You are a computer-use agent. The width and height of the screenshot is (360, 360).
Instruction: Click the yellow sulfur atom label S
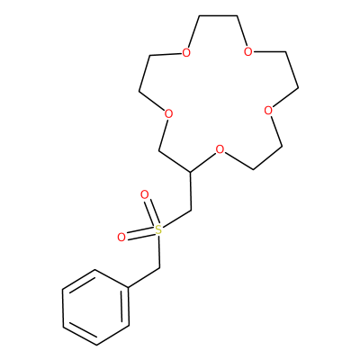(158, 230)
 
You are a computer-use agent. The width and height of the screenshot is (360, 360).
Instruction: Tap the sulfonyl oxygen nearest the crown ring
(145, 195)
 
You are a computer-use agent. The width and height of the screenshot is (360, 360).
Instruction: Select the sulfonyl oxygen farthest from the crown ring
(121, 238)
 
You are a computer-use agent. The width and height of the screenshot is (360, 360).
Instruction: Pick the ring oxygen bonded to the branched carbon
(220, 149)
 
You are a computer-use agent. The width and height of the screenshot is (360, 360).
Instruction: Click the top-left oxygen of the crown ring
(186, 53)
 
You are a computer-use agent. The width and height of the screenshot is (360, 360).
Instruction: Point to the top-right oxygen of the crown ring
(247, 51)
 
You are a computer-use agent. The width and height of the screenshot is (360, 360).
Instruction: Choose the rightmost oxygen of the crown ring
(268, 111)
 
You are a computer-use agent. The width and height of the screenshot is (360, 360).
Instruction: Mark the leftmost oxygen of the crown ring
(168, 114)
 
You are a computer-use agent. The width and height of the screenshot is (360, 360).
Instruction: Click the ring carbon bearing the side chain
(190, 172)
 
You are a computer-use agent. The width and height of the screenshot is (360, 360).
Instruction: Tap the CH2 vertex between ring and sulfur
(191, 211)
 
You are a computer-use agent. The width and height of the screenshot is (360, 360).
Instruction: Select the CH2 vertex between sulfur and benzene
(159, 267)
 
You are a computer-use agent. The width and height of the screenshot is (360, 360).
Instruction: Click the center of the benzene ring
(96, 307)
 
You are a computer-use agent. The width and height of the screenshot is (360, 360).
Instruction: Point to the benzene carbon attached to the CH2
(129, 288)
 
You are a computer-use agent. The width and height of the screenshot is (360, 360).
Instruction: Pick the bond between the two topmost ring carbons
(218, 16)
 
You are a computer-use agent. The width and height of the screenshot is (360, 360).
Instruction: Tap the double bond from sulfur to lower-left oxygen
(140, 234)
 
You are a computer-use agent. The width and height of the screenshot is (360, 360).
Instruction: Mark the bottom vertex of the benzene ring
(96, 345)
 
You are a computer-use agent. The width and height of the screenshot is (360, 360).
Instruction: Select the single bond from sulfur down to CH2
(159, 251)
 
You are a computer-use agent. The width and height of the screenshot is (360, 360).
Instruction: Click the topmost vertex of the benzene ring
(95, 269)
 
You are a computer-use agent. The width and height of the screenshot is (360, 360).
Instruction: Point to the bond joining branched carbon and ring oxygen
(203, 162)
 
